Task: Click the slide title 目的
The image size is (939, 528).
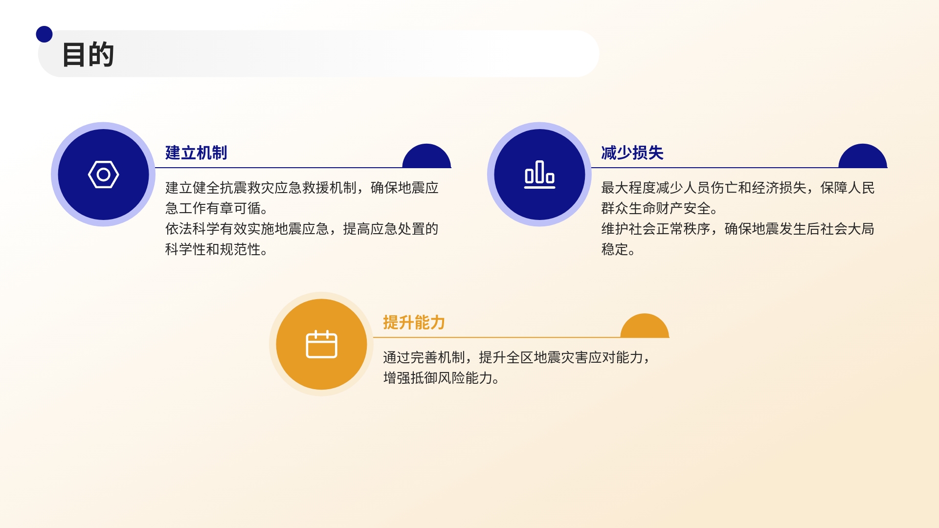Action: tap(88, 54)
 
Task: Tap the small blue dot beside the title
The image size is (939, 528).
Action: tap(44, 34)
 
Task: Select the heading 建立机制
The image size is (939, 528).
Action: tap(196, 153)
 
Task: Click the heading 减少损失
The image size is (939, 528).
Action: tap(632, 153)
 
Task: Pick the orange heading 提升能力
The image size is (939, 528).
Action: tap(414, 323)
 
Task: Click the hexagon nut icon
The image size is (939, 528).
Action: tap(103, 175)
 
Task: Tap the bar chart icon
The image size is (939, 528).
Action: tap(539, 175)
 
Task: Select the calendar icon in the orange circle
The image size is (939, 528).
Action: tap(321, 344)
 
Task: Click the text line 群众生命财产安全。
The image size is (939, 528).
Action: tap(659, 208)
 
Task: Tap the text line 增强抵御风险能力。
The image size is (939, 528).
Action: tap(441, 378)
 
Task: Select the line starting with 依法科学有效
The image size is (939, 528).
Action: tap(302, 229)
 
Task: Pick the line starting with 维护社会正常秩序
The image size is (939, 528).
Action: tap(738, 229)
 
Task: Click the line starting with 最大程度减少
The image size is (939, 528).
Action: tap(738, 188)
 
